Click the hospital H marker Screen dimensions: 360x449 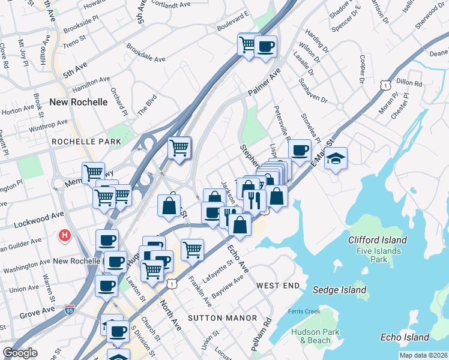click(64, 236)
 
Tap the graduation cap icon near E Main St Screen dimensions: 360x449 click(336, 159)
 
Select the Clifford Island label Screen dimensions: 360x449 click(378, 240)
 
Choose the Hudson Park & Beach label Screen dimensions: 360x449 click(315, 336)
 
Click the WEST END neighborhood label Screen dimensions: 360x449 click(278, 286)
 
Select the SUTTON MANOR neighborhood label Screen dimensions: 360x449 click(222, 317)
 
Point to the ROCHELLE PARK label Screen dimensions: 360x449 click(86, 142)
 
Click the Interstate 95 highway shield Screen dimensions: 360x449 click(70, 310)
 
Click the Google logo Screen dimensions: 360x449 click(20, 353)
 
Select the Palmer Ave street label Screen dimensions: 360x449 click(264, 85)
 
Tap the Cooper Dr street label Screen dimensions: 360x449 click(363, 70)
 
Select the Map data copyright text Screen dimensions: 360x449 click(423, 355)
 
